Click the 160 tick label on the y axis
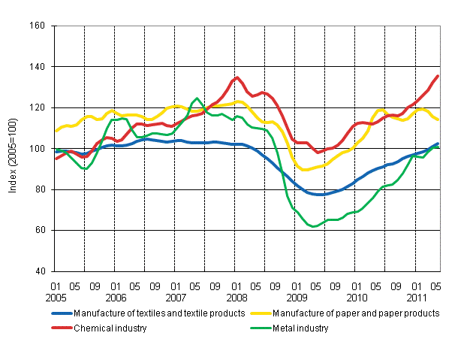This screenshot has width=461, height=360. [38, 26]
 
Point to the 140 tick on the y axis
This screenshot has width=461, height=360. [38, 67]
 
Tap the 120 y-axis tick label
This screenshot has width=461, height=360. [38, 107]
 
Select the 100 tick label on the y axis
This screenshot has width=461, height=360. [38, 149]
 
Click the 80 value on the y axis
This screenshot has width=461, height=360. [40, 189]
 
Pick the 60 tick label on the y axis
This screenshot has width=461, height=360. [40, 230]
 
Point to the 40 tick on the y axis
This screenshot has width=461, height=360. [40, 271]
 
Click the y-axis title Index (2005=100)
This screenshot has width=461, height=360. [14, 149]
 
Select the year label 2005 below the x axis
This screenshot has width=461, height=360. [55, 297]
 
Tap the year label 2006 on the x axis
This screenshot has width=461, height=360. [115, 297]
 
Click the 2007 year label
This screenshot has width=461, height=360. [175, 297]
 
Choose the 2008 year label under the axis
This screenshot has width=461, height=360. [235, 297]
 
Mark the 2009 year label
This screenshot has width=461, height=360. [295, 297]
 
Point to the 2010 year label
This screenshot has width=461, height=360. [355, 297]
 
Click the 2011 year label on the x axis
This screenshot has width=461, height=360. [415, 297]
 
